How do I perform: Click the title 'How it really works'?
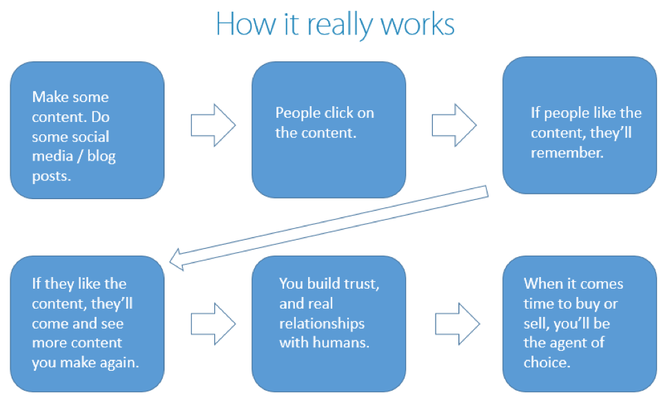pos(335,25)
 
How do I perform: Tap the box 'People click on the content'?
pos(328,130)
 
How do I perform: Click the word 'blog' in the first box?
pos(102,156)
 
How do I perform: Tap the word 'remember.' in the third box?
pos(567,153)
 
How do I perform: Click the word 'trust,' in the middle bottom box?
pos(363,283)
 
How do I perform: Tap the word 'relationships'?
pos(322,323)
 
